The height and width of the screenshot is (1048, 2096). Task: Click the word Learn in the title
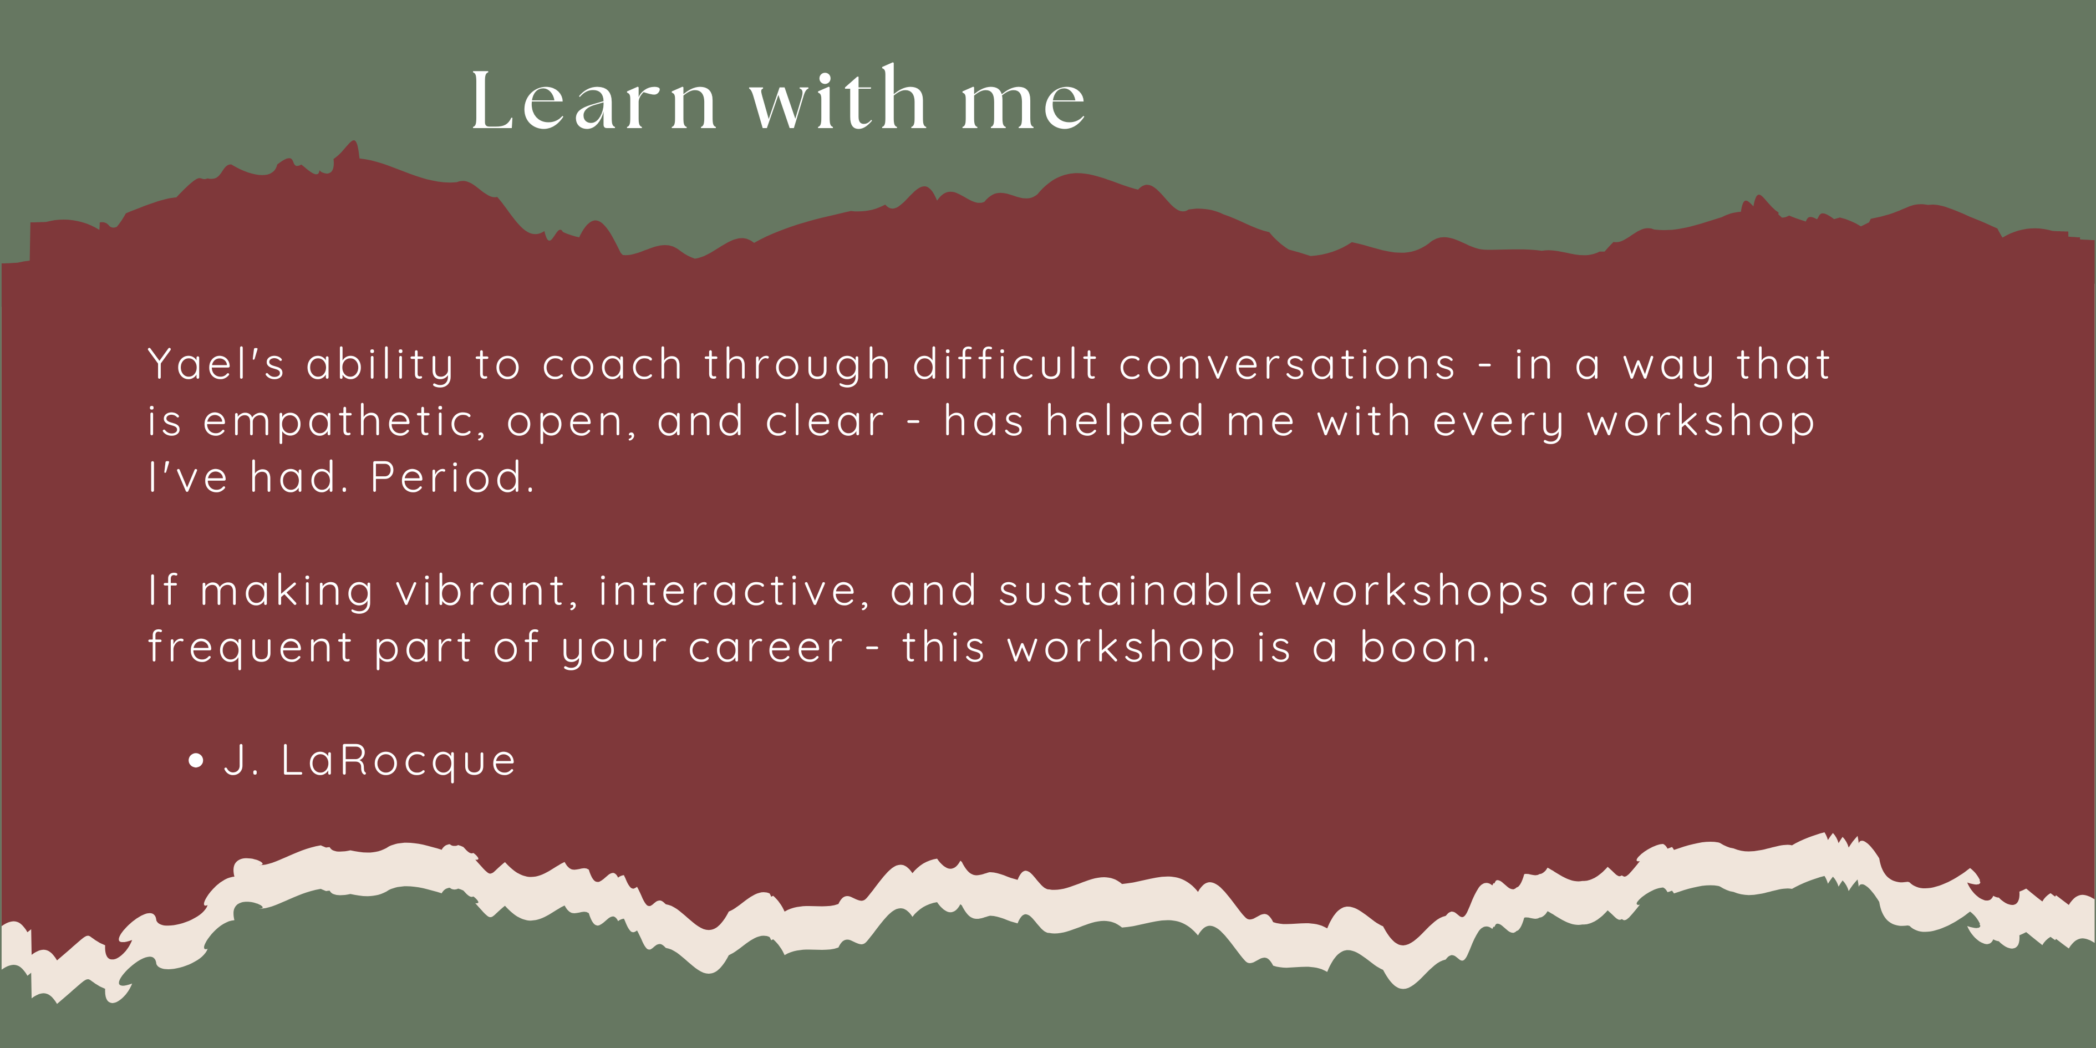point(594,101)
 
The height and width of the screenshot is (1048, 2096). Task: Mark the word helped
point(1125,421)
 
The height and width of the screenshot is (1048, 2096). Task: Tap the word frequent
point(250,649)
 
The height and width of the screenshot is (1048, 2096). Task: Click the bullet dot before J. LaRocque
point(195,761)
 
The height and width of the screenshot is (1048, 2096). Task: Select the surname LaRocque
point(399,761)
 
